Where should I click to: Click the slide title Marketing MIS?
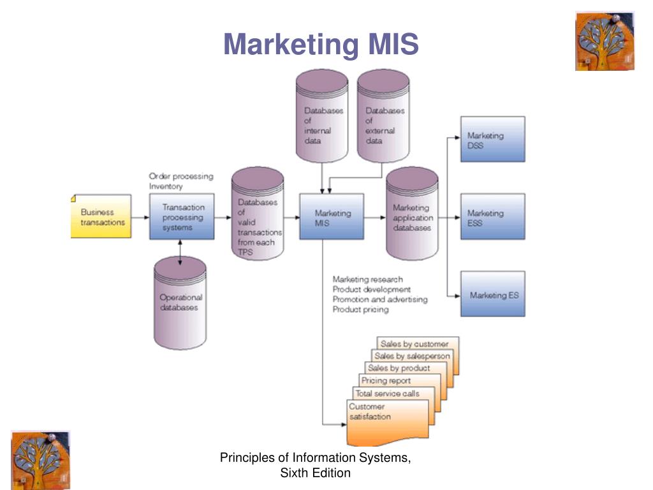pos(321,44)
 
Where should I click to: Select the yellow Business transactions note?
pos(101,216)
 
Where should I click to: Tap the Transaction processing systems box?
pos(182,216)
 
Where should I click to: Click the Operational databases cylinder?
pos(180,303)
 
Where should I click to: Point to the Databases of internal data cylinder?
pos(322,116)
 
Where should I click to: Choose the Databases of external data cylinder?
pos(383,116)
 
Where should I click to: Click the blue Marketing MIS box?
pos(332,216)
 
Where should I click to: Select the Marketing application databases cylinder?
pos(412,214)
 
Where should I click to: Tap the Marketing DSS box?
pos(493,139)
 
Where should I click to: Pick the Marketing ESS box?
pos(493,216)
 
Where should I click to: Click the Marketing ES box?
pos(493,293)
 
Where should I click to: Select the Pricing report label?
pos(386,380)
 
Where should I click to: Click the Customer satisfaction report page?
pos(388,422)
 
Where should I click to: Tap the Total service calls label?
pos(387,393)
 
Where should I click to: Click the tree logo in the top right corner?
pos(605,41)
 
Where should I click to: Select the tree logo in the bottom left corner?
pos(40,460)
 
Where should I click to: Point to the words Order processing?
pos(181,176)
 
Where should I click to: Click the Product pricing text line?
pos(361,309)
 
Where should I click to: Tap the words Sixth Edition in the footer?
pos(315,473)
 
